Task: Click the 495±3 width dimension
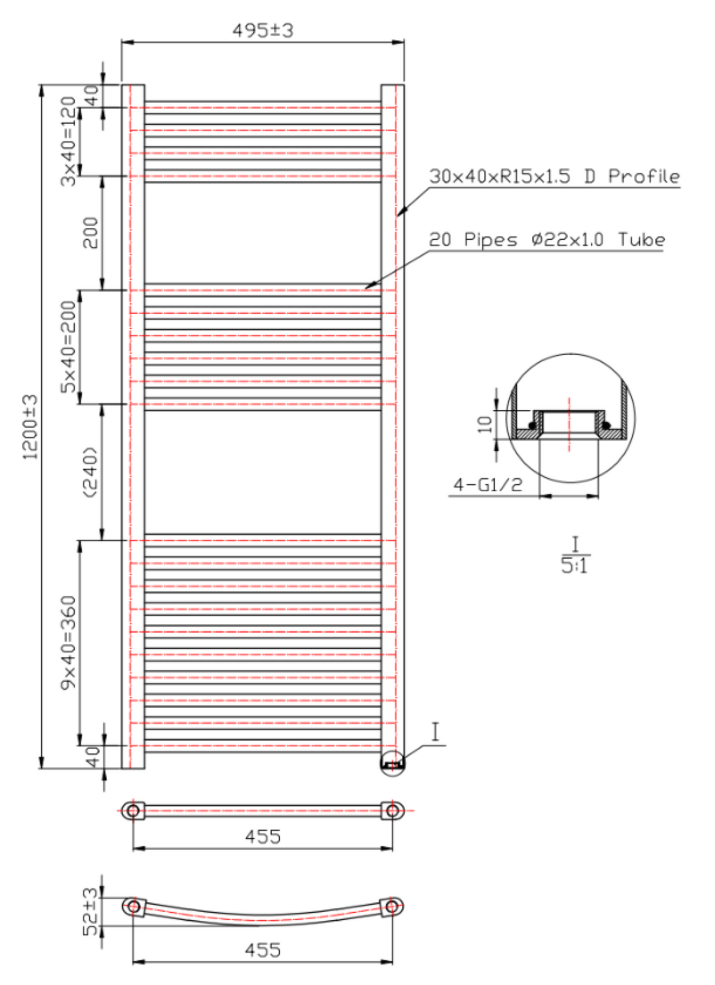[263, 30]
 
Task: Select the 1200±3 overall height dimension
[30, 427]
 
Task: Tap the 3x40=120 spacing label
[69, 141]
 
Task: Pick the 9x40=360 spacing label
[69, 642]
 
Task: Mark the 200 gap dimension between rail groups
[90, 233]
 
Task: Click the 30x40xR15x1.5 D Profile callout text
[554, 176]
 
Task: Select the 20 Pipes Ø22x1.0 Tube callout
[547, 240]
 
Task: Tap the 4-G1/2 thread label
[488, 485]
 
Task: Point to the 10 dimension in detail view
[484, 424]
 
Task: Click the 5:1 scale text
[574, 566]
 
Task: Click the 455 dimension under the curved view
[263, 950]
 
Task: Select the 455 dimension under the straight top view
[263, 836]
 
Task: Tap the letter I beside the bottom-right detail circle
[435, 732]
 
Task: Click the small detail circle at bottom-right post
[392, 764]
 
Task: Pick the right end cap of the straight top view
[392, 811]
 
